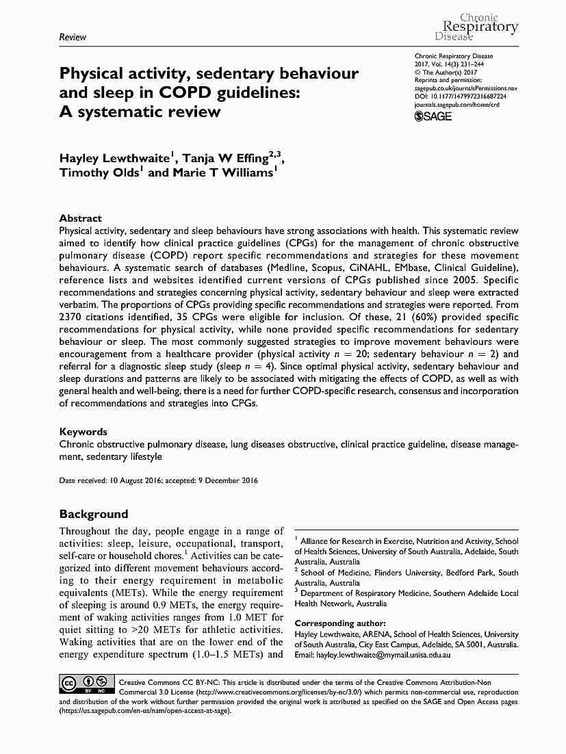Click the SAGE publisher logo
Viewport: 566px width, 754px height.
click(433, 116)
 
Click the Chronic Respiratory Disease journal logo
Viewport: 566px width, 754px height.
click(477, 27)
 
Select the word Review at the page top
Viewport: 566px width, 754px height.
click(73, 37)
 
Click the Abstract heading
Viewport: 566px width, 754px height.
click(81, 218)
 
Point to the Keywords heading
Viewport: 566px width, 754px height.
click(83, 432)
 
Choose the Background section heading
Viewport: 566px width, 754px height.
click(94, 514)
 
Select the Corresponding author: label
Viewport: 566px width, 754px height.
click(340, 623)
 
